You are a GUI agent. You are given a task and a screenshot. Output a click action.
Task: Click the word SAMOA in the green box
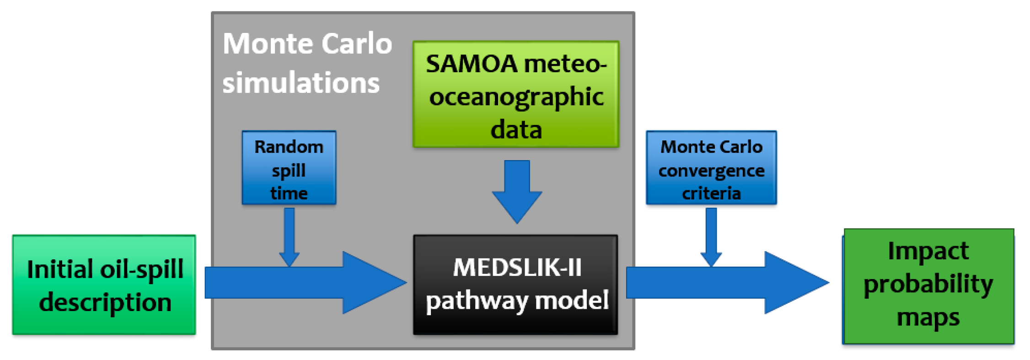471,64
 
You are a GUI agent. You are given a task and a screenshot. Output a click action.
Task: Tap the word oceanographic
516,97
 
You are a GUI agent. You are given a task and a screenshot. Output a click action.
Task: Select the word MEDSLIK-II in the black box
517,267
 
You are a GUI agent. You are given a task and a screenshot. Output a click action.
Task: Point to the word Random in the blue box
289,147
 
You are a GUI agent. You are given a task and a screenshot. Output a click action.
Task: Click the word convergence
711,171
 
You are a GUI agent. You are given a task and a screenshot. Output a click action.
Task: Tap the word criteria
711,193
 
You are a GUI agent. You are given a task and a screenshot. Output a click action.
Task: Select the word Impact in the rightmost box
928,251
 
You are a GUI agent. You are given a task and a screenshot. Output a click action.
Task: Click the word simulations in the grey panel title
301,83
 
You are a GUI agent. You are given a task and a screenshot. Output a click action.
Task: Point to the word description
105,302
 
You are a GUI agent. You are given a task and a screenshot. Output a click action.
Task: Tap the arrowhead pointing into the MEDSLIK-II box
373,283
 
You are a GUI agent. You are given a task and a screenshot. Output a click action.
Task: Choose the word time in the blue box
289,193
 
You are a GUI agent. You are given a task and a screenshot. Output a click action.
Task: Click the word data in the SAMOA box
516,130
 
